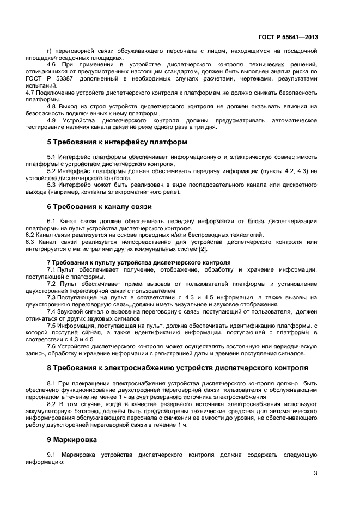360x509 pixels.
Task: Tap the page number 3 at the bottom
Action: (315, 473)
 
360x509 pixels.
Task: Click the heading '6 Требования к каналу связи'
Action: (99, 207)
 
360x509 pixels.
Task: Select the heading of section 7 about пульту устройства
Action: (138, 262)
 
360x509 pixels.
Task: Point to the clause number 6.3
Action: (30, 242)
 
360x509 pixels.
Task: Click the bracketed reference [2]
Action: (203, 249)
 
